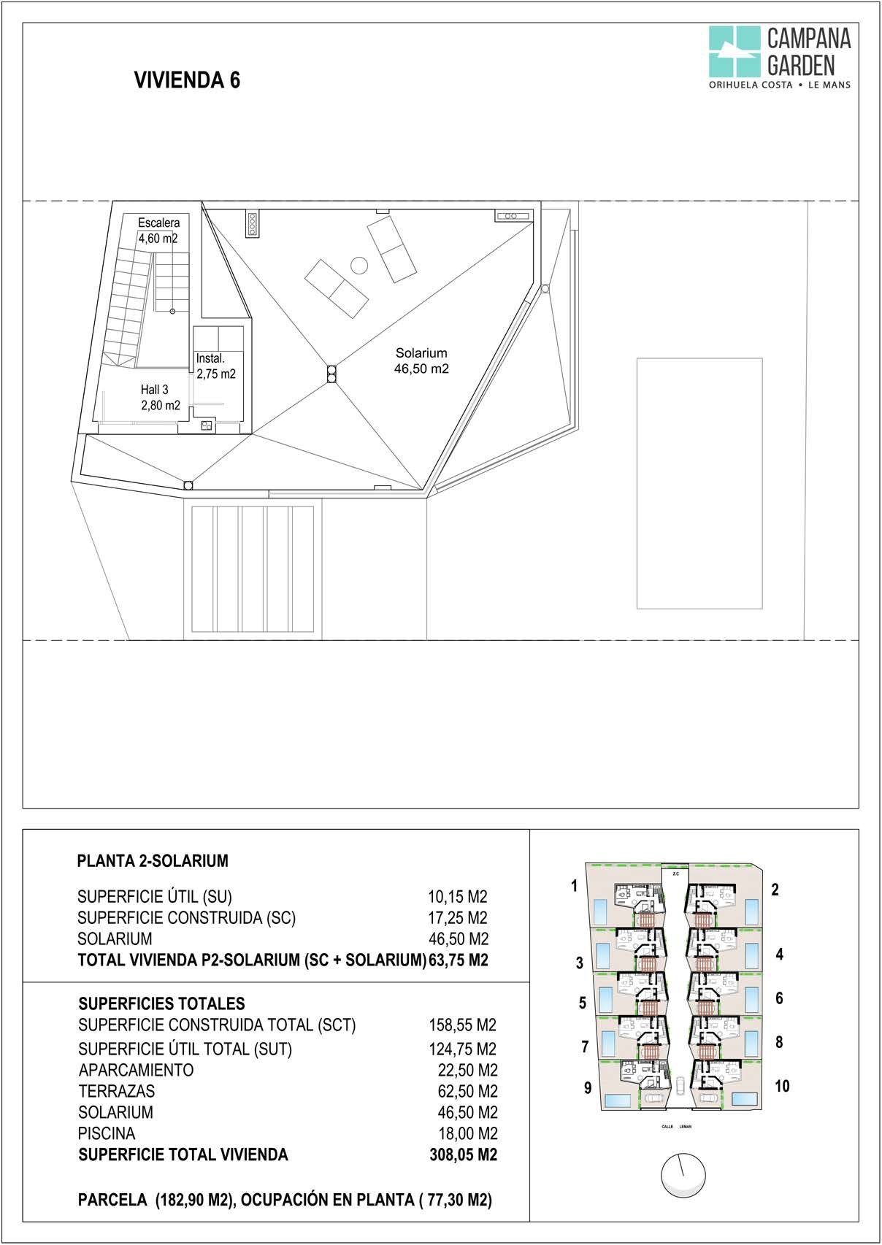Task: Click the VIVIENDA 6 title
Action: [x=188, y=80]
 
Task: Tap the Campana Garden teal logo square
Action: [x=734, y=51]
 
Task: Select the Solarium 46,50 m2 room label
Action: [x=421, y=361]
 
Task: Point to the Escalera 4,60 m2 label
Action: [x=158, y=231]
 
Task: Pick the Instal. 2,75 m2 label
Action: [x=216, y=366]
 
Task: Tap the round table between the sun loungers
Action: [x=359, y=265]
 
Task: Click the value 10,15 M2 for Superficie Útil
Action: [x=457, y=896]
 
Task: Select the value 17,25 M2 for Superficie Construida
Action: [x=457, y=917]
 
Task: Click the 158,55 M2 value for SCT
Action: [x=462, y=1025]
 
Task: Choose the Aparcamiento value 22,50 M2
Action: [x=467, y=1070]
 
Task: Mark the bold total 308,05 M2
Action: [x=463, y=1155]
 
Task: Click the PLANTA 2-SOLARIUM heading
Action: [x=153, y=861]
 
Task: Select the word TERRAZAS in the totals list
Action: [x=117, y=1091]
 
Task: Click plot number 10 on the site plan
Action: [x=782, y=1086]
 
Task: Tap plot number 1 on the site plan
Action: [x=575, y=886]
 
